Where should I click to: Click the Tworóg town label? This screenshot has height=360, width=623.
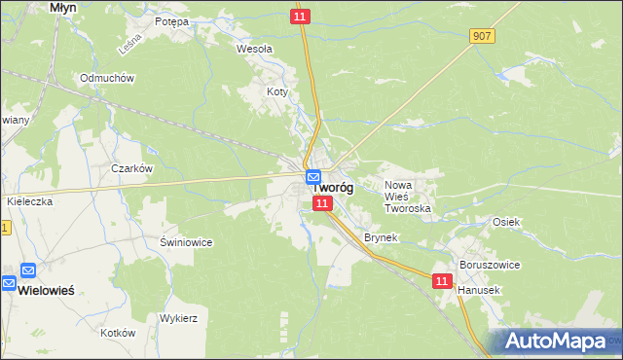(x=334, y=189)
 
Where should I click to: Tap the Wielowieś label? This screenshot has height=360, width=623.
(x=49, y=290)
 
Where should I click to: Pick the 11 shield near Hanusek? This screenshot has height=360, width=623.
(x=442, y=280)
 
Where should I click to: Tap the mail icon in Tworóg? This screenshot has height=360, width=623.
(x=312, y=178)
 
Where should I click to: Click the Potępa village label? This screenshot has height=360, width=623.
(x=171, y=20)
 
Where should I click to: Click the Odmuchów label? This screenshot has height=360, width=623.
(x=106, y=78)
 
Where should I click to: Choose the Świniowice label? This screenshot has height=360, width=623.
(x=186, y=241)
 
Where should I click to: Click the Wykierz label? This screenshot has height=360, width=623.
(x=178, y=318)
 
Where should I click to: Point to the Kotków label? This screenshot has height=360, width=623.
(x=117, y=332)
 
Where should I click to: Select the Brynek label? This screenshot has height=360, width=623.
(x=382, y=237)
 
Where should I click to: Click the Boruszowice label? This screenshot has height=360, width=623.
(x=490, y=265)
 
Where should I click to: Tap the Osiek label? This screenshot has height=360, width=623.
(x=506, y=222)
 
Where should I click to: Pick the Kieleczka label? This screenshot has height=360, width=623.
(x=28, y=200)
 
